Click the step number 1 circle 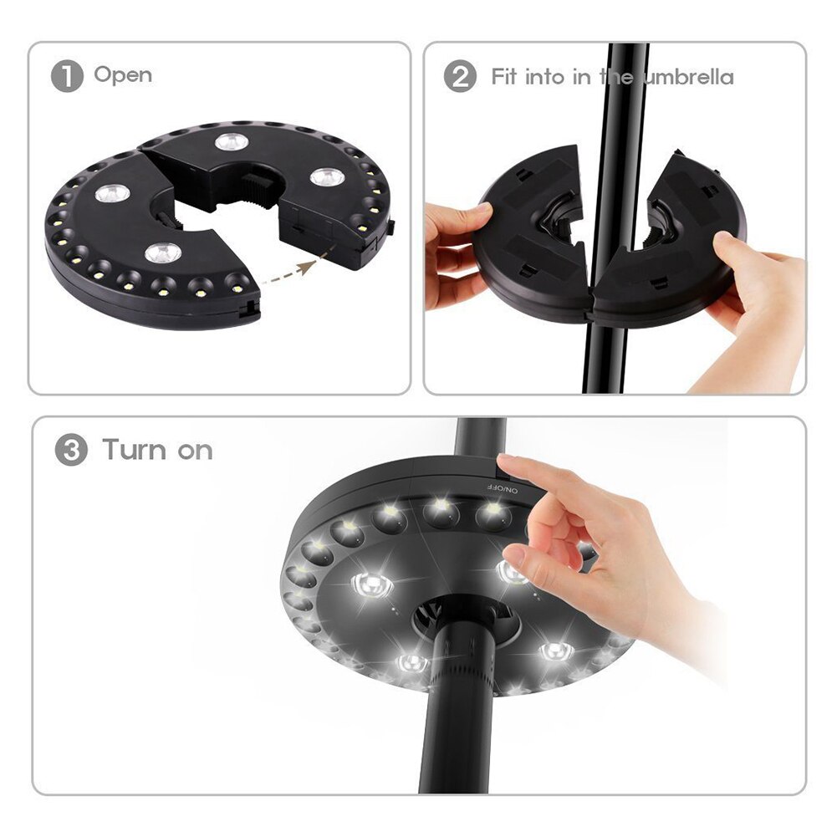(67, 77)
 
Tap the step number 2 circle (459, 77)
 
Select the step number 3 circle (71, 451)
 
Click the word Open (123, 75)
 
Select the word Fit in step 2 (504, 77)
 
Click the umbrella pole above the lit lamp (480, 438)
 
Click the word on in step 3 (196, 452)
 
